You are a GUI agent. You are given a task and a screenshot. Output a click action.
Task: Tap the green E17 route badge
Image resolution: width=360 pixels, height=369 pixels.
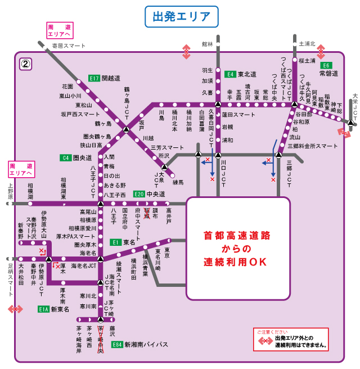94,78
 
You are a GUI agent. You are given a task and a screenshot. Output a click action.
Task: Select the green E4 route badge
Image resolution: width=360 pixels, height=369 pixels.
229,74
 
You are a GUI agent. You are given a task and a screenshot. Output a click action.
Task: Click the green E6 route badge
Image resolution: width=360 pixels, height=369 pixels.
326,65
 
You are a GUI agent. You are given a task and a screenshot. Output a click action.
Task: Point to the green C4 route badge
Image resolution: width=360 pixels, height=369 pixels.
66,157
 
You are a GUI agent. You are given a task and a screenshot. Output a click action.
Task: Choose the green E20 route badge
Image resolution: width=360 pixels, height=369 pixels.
139,194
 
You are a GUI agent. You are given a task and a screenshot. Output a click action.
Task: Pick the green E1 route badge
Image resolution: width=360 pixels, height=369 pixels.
115,242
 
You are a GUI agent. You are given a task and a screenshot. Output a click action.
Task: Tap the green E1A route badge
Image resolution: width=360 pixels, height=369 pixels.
43,309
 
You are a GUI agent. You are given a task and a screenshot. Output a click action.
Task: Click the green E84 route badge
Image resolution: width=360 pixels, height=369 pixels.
116,344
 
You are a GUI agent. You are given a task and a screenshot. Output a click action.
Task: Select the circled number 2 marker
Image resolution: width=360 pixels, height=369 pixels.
25,63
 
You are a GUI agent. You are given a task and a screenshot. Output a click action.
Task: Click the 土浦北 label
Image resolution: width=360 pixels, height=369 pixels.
307,43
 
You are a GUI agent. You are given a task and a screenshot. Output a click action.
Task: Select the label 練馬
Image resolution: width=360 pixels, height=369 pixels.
178,182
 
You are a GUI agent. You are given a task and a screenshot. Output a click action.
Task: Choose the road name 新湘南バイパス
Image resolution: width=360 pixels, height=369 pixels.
145,344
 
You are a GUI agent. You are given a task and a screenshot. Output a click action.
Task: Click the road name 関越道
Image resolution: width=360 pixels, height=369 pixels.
111,78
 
